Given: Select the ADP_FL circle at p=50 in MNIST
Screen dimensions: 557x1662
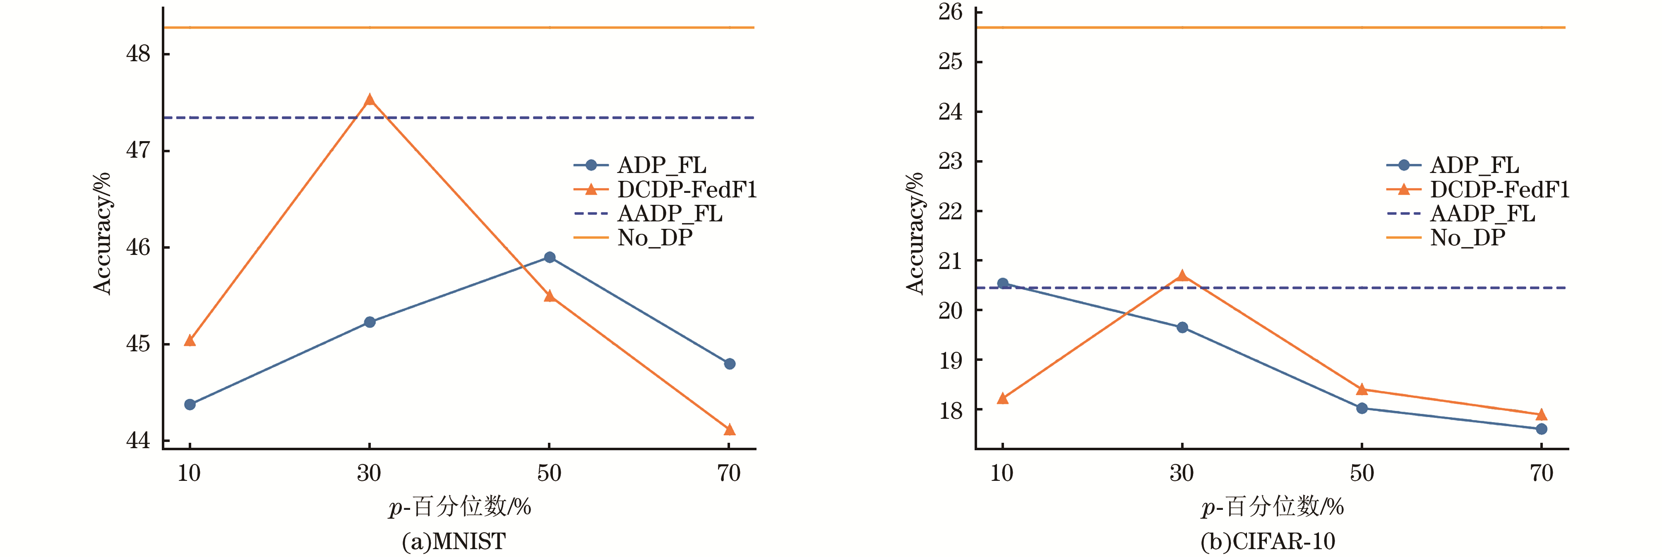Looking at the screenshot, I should coord(550,257).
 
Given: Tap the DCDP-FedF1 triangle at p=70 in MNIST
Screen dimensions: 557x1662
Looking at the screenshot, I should coord(730,429).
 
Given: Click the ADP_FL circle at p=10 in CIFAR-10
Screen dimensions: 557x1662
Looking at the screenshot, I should coord(1003,283).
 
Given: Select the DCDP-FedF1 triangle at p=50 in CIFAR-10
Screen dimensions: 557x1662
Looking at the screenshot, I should coord(1362,389).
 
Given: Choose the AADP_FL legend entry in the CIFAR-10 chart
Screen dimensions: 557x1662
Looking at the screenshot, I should coord(1482,214).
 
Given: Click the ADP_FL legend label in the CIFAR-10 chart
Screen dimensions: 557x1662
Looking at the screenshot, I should coord(1474,165).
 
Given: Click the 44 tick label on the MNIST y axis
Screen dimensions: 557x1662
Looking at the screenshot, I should coord(138,441).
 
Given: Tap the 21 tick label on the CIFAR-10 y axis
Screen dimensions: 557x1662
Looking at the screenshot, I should coord(950,261).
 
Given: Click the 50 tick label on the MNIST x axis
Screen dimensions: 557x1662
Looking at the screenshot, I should coord(549,473).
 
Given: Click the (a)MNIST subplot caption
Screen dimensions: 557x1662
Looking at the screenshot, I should coord(454,541).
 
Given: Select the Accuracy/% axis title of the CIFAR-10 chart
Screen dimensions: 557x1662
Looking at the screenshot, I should coord(915,234).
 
